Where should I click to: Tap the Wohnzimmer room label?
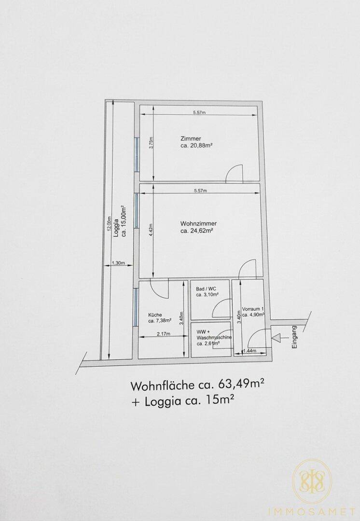tap(198, 224)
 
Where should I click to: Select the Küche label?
tap(155, 315)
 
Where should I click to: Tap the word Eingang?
tap(294, 337)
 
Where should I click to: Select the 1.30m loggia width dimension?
tap(118, 263)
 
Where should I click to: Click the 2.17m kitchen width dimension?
tap(163, 334)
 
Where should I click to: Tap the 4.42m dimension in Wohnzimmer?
tap(151, 230)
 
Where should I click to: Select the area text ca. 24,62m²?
tap(196, 231)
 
